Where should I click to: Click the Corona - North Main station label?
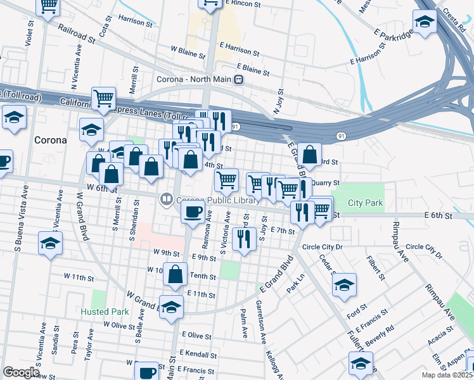pos(195,80)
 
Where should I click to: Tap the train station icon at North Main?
pos(239,80)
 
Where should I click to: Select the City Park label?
pos(366,204)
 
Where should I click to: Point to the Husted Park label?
pos(105,312)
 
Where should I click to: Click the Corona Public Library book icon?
pos(167,199)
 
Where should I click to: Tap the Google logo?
pos(21,372)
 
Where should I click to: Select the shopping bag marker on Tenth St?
pos(176,274)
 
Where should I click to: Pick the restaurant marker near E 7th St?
pos(243,239)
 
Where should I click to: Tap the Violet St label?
pos(29,34)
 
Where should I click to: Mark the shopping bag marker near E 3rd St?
pos(309,155)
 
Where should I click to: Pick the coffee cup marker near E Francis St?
pos(148,372)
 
